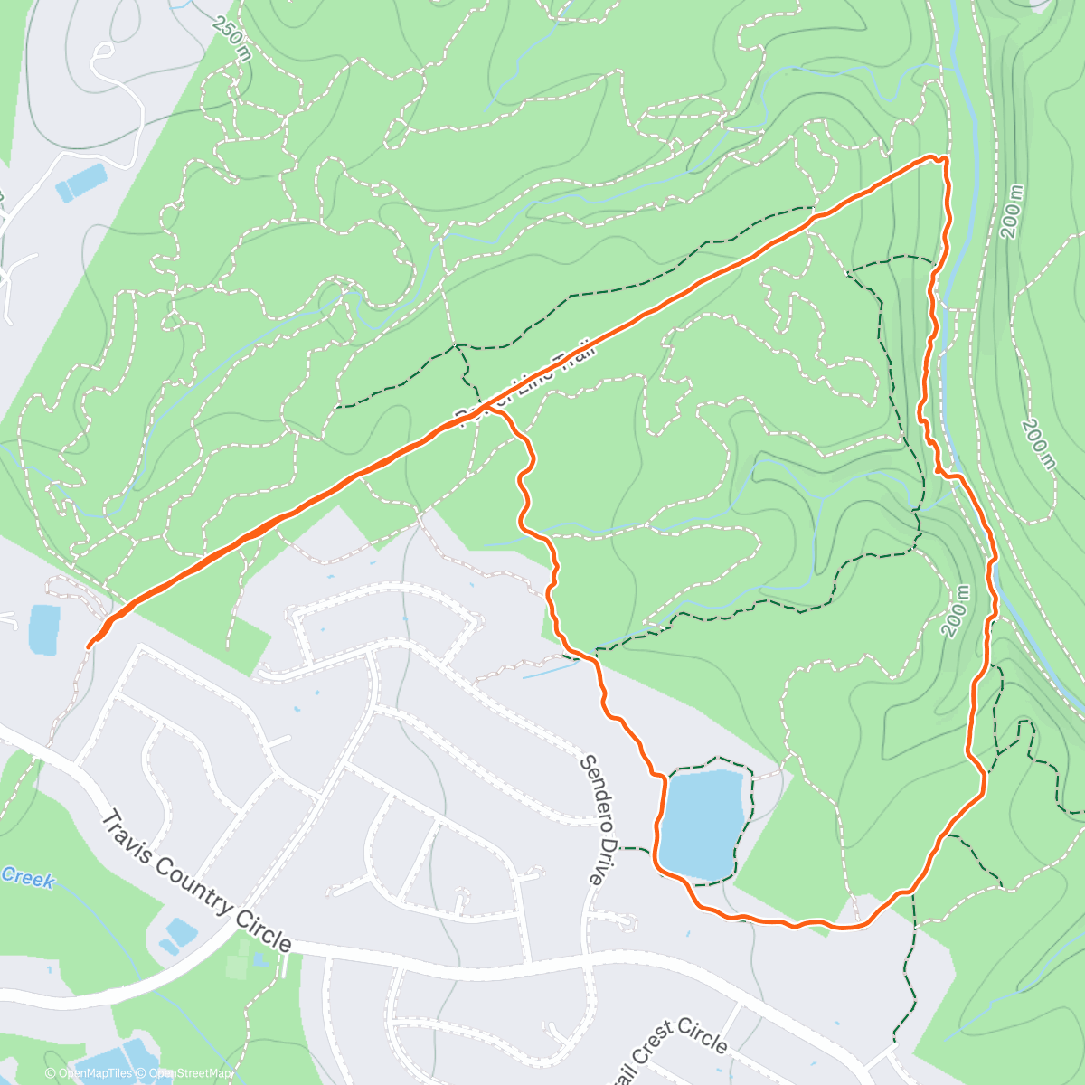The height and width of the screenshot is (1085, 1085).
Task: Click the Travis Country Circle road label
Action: tap(196, 882)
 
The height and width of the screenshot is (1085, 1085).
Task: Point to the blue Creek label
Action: tap(29, 878)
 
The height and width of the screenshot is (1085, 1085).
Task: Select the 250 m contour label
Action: tap(232, 39)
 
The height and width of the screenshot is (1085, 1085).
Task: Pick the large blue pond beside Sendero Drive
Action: tap(703, 823)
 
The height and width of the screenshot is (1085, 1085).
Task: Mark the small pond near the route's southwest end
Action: tap(43, 629)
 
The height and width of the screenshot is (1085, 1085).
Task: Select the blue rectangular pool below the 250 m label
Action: tap(80, 184)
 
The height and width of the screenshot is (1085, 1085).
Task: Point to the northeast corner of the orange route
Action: tap(944, 159)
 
